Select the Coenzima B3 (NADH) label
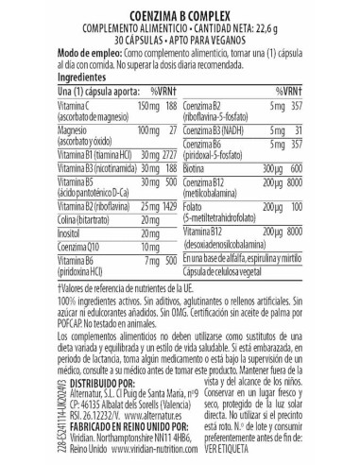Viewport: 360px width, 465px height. tap(223, 146)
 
